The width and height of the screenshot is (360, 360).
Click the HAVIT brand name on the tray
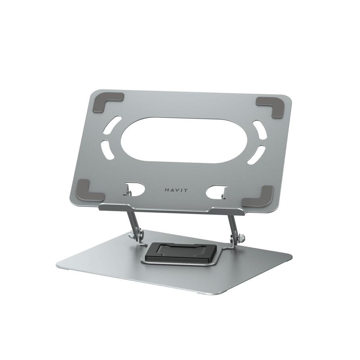pos(176,190)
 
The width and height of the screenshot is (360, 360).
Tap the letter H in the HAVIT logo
pos(166,190)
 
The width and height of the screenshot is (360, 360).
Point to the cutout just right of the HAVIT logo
pos(215,191)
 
